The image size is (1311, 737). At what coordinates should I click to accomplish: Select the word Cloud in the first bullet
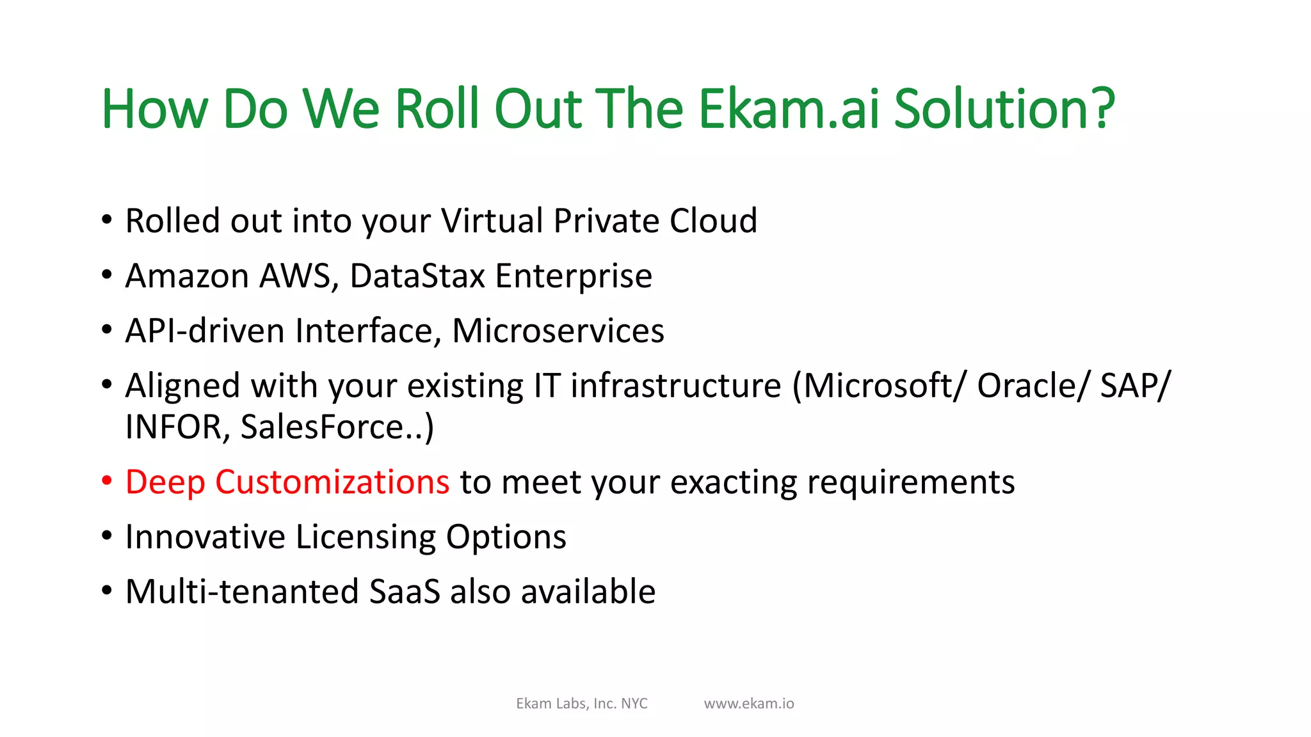click(713, 221)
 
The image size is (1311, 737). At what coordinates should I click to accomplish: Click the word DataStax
click(417, 276)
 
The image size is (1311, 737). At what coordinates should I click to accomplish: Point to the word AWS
click(298, 276)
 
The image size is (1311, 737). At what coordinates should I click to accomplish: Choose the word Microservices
click(558, 331)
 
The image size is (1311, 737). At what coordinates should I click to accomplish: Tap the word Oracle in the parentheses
click(1031, 386)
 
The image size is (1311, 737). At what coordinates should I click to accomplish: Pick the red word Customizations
click(332, 482)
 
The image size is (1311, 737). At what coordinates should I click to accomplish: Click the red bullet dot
click(107, 480)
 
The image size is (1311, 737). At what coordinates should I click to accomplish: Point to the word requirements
click(910, 482)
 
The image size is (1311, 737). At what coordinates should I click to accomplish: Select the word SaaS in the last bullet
click(405, 591)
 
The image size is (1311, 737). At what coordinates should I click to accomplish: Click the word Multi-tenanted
click(241, 591)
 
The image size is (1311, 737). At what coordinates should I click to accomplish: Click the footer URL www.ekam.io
click(749, 704)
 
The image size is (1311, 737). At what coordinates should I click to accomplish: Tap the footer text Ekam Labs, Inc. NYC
click(582, 704)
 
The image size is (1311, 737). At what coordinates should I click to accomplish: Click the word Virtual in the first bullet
click(492, 221)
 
